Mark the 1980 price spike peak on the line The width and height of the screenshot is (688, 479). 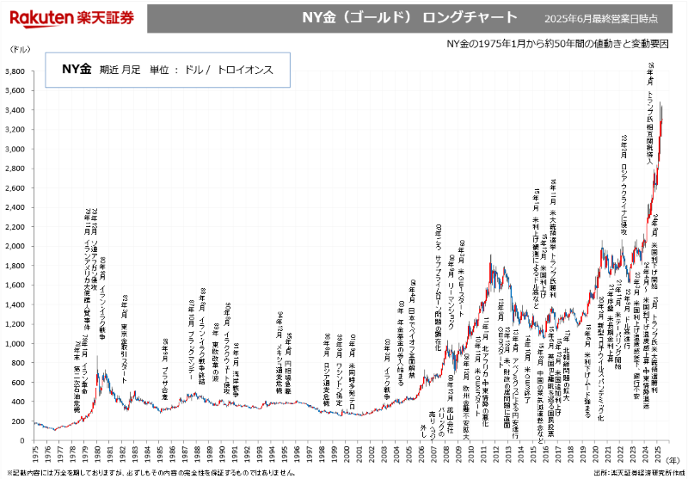[x=97, y=355]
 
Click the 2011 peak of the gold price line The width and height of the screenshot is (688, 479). [x=490, y=255]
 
